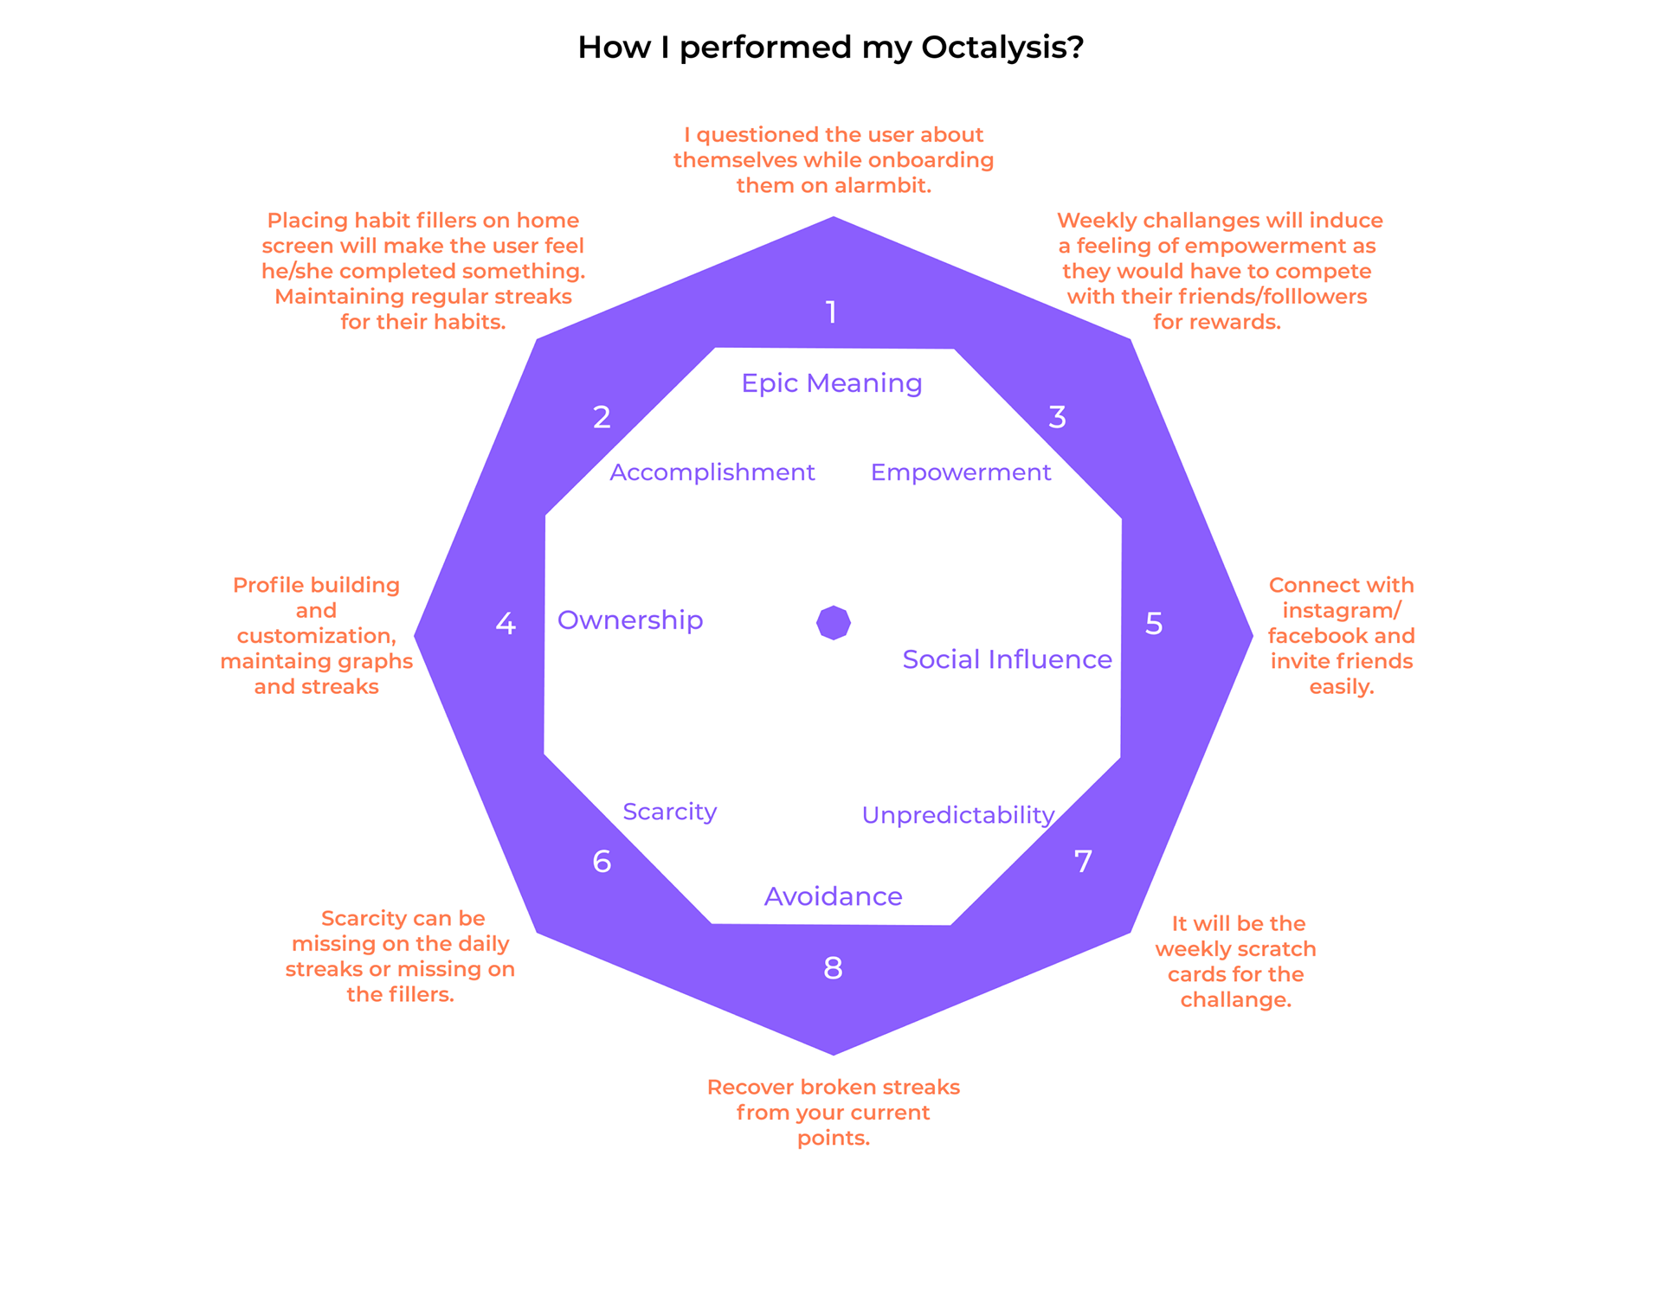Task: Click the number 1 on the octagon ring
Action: click(x=831, y=312)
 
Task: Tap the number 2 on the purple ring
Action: click(x=602, y=417)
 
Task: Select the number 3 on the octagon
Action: click(x=1057, y=417)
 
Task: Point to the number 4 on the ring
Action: click(x=506, y=624)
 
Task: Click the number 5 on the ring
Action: click(x=1154, y=624)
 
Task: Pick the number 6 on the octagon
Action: click(x=602, y=862)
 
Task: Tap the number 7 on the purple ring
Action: click(x=1083, y=862)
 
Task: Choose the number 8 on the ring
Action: click(x=833, y=968)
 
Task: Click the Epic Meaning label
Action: click(x=831, y=383)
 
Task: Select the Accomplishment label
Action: click(x=712, y=472)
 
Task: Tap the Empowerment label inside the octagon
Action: click(x=960, y=472)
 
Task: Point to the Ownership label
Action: click(x=630, y=620)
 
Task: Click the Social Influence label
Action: click(x=1007, y=660)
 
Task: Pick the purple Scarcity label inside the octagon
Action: click(x=669, y=812)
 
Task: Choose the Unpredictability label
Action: click(x=957, y=815)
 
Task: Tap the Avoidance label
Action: click(x=833, y=896)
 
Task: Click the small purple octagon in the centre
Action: click(x=834, y=622)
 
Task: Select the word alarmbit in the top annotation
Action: click(x=882, y=186)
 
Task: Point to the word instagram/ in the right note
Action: click(x=1341, y=611)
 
